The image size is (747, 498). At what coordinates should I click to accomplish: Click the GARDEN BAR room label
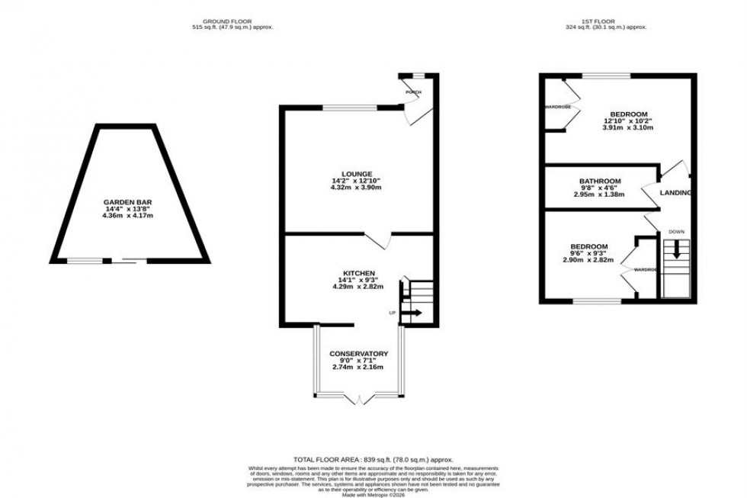click(119, 202)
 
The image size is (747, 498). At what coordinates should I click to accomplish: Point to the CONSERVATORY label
click(358, 354)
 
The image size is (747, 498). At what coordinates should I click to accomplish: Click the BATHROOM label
click(599, 182)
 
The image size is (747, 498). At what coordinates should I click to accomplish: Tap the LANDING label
click(676, 193)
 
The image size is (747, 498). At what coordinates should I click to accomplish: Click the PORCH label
click(413, 93)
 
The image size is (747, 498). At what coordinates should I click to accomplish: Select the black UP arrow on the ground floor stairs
click(412, 313)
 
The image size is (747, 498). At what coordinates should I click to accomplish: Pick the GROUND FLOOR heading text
click(232, 21)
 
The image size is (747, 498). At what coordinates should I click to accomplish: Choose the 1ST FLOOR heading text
click(605, 21)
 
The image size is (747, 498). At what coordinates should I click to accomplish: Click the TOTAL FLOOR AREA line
click(373, 460)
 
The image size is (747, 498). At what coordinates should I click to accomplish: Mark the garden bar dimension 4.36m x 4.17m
click(119, 216)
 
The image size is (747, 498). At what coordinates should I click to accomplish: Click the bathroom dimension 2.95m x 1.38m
click(599, 194)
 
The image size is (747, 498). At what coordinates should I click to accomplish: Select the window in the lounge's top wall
click(350, 108)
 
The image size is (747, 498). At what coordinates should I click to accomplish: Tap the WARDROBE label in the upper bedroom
click(557, 107)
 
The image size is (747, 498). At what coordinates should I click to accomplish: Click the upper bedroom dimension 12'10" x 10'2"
click(628, 120)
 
